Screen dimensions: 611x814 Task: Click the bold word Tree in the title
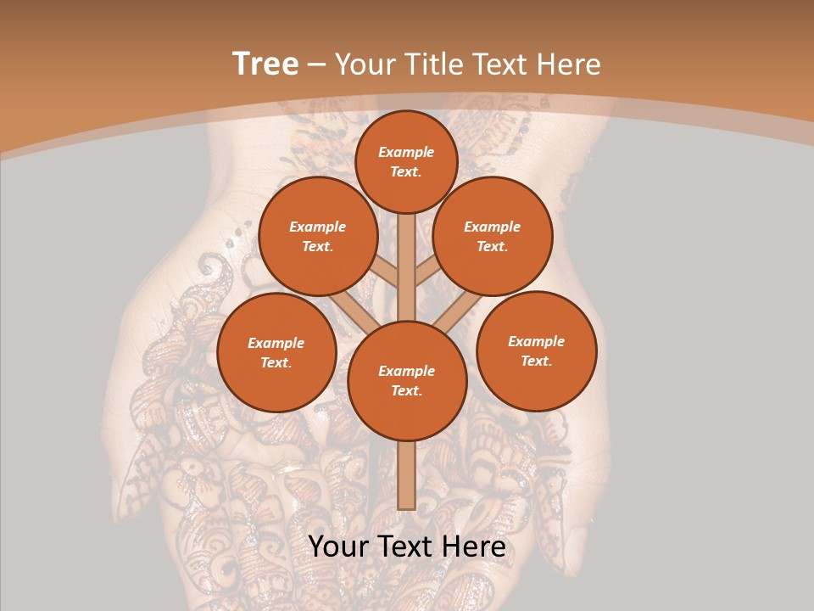click(x=265, y=64)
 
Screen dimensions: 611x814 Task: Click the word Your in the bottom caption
click(x=338, y=547)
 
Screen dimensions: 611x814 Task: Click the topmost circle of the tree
click(x=406, y=161)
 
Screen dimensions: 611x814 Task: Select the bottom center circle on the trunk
click(x=407, y=380)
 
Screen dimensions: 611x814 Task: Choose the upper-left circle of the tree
click(x=318, y=236)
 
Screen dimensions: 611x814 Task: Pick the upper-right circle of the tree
click(x=493, y=236)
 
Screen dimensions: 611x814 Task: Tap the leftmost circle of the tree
click(x=276, y=352)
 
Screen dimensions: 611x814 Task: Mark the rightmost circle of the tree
click(x=537, y=350)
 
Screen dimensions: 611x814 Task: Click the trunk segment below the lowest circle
click(x=406, y=475)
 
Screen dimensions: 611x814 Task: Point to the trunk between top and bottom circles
click(x=407, y=267)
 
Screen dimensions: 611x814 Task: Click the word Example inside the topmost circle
click(x=406, y=152)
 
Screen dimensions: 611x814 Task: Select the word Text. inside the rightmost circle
click(x=536, y=361)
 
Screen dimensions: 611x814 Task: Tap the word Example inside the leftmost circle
click(x=276, y=343)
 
